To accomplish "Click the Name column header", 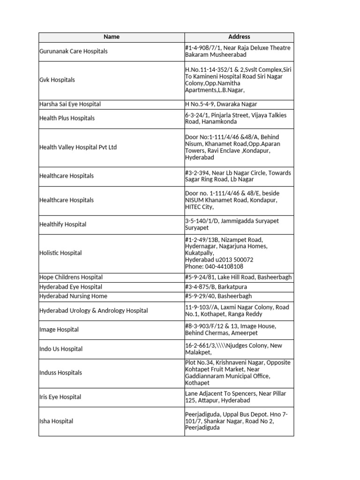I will [112, 37].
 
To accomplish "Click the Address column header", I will [239, 37].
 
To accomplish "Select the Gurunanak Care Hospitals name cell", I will [73, 51].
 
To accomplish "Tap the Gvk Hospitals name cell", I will [57, 80].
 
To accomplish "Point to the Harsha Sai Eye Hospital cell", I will [70, 104].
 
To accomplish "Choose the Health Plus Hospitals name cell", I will [67, 118].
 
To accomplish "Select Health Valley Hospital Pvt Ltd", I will [78, 147].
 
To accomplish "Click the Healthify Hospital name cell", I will [63, 224].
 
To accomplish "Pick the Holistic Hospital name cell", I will [60, 253].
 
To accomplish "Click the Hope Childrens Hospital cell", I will [71, 277].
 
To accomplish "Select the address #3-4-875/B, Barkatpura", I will [216, 287].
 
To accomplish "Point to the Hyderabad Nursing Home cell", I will [73, 296].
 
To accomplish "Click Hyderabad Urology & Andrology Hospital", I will [93, 310].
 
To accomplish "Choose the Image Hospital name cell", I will [59, 330].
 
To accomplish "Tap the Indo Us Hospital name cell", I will [60, 349].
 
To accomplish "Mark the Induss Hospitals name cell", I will [60, 373].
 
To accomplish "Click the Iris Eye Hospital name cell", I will [60, 397].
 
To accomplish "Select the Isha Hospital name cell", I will [56, 421].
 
